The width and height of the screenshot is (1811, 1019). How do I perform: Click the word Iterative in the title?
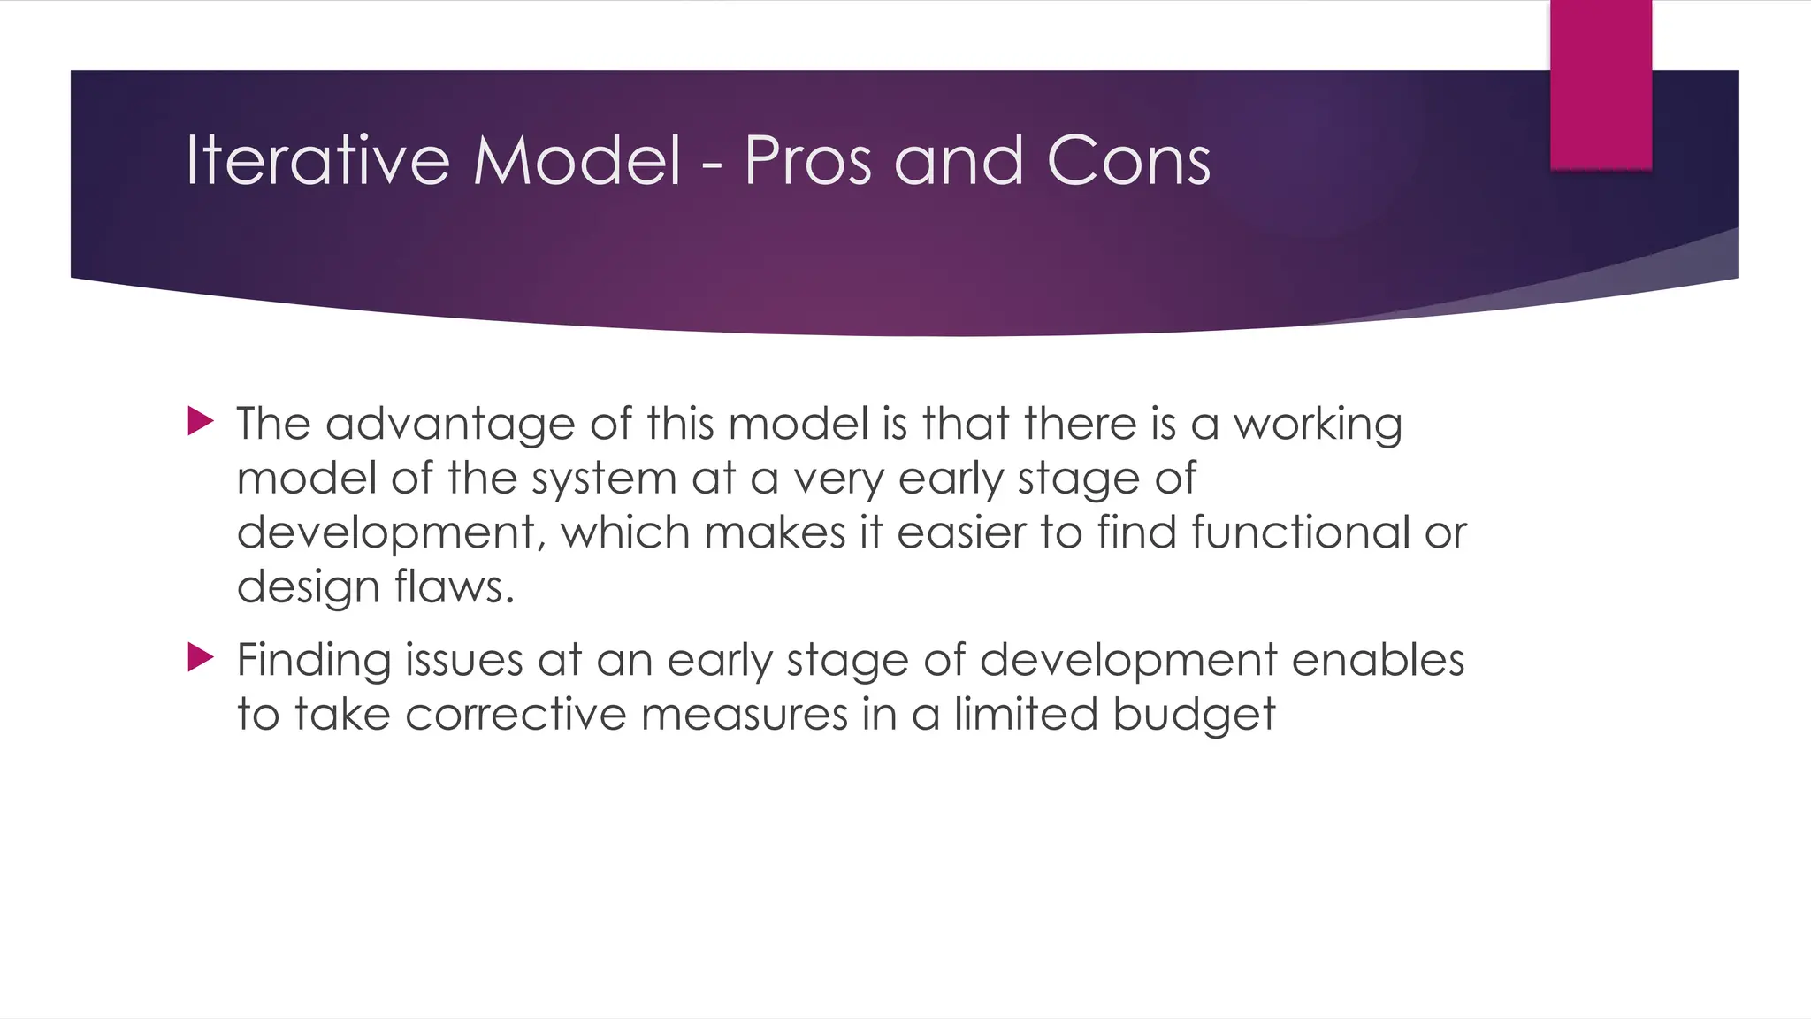317,161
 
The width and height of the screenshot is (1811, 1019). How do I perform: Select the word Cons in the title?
1127,161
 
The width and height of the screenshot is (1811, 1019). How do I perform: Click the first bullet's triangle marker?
201,422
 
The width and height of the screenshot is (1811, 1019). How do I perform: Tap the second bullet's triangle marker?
201,657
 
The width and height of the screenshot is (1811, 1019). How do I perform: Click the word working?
1318,425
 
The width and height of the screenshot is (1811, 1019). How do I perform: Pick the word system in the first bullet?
603,479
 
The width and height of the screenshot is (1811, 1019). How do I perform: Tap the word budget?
1194,714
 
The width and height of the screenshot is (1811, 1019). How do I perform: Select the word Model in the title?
577,161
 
